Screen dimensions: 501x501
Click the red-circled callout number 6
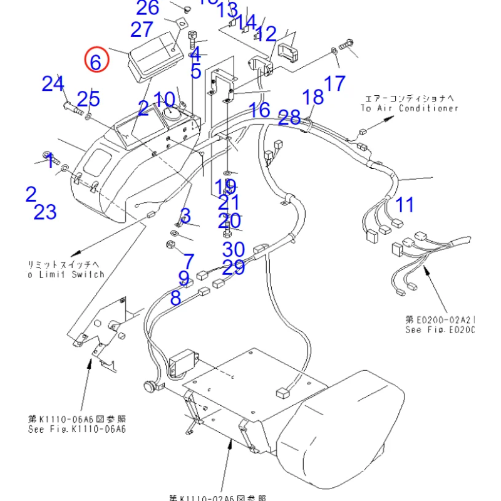96,61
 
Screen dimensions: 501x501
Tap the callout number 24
53,83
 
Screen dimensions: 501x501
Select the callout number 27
142,29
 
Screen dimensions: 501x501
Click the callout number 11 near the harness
405,204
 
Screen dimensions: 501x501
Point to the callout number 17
335,83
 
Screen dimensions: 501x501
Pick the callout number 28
289,117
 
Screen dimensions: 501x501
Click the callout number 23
45,212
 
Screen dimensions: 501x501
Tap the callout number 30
233,249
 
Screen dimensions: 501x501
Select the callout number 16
259,111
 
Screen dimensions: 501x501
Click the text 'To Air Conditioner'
410,108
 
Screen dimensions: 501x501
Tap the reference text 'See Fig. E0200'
440,330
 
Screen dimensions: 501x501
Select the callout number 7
188,261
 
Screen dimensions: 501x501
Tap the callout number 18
313,97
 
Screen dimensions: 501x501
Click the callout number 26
148,8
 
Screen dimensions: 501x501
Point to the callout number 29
233,267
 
